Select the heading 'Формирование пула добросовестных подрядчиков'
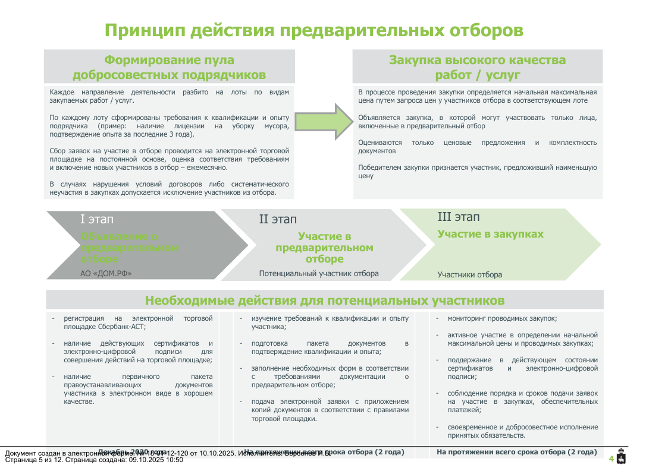click(170, 67)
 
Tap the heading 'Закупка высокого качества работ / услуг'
click(477, 67)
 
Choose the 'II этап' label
click(278, 220)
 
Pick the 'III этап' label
click(459, 217)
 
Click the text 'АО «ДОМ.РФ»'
click(106, 274)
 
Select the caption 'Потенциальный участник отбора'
click(319, 274)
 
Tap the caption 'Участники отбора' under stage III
click(470, 275)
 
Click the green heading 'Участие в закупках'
click(491, 234)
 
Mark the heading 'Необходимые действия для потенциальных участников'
click(325, 300)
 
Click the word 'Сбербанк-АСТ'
click(126, 327)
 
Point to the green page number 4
click(611, 459)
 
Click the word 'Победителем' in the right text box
click(378, 168)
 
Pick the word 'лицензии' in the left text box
click(189, 126)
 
